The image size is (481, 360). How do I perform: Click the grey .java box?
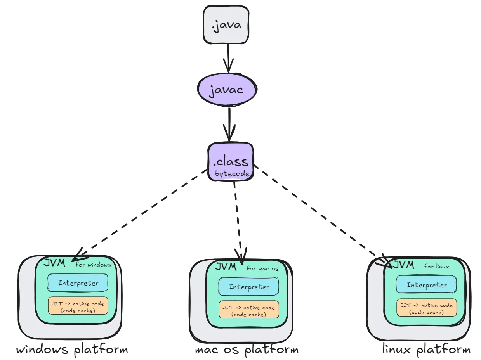(x=226, y=24)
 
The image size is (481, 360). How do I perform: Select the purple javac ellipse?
(x=227, y=90)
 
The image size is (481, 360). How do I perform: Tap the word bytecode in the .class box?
(x=232, y=173)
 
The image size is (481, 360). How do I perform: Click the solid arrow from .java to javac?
(x=228, y=58)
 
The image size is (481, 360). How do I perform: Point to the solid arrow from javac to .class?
(x=229, y=125)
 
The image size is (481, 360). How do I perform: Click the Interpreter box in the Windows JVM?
(x=78, y=283)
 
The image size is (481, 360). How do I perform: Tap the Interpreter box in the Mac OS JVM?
(x=249, y=287)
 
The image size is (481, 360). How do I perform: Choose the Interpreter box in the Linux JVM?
(x=426, y=285)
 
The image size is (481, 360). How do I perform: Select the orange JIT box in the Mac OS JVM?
(x=249, y=310)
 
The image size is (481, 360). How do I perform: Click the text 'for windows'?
(x=93, y=265)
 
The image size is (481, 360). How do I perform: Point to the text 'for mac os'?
(x=262, y=268)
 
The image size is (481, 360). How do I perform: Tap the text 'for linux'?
(x=436, y=266)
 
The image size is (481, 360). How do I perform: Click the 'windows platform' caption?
(x=72, y=350)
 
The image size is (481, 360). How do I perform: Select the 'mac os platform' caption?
(x=247, y=350)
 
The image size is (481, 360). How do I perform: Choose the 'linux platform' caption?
(x=426, y=350)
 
